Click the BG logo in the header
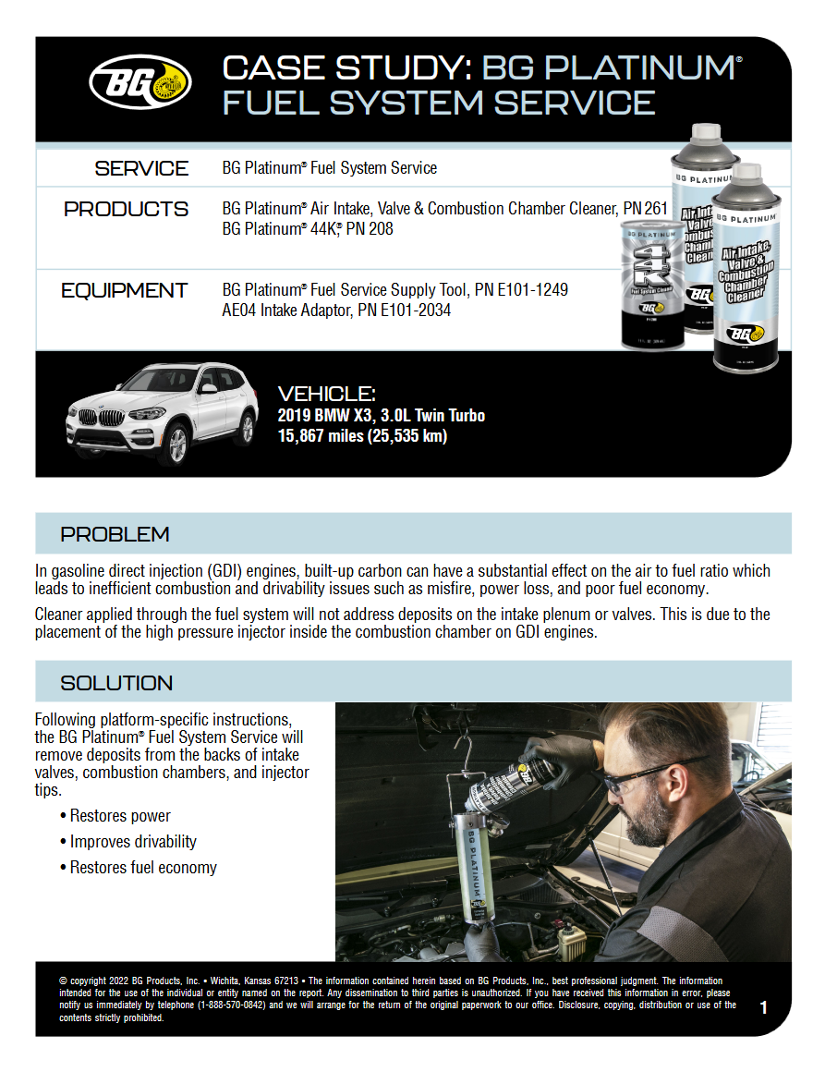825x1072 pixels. pyautogui.click(x=140, y=82)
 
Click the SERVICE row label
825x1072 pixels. pyautogui.click(x=141, y=168)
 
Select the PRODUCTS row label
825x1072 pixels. pyautogui.click(x=126, y=210)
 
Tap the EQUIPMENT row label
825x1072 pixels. pyautogui.click(x=125, y=291)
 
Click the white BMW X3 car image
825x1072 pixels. pyautogui.click(x=161, y=411)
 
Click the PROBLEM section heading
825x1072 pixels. pyautogui.click(x=115, y=534)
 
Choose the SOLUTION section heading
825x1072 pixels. pyautogui.click(x=116, y=683)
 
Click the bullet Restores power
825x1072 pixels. pyautogui.click(x=120, y=816)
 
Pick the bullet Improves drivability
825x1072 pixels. pyautogui.click(x=133, y=842)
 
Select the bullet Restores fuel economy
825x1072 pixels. pyautogui.click(x=143, y=868)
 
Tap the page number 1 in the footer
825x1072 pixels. pyautogui.click(x=763, y=1007)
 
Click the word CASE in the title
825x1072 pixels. pyautogui.click(x=274, y=68)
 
